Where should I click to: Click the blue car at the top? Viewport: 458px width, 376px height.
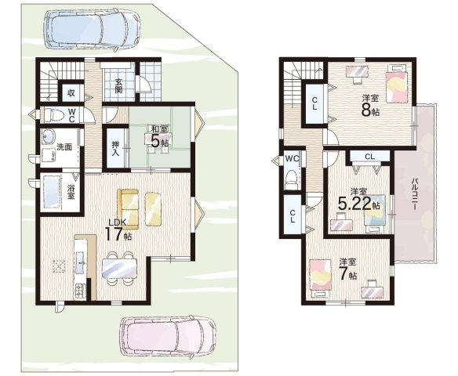coord(91,29)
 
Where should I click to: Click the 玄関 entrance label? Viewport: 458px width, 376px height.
coord(118,85)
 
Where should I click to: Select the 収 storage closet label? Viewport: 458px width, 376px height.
coord(71,92)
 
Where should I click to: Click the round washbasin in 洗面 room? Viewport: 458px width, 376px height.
coord(49,136)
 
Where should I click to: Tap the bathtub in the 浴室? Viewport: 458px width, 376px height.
coord(52,192)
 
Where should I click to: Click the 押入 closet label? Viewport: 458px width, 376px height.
coord(114,148)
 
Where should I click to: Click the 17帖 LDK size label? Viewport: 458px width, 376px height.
coord(118,234)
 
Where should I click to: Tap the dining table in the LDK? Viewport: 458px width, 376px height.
coord(119,268)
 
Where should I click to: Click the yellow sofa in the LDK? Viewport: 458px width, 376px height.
coord(128,209)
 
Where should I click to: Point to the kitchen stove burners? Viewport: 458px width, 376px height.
coord(80,291)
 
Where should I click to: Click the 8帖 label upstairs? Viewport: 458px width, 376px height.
coord(371,110)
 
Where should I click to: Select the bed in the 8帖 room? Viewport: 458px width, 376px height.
coord(398,84)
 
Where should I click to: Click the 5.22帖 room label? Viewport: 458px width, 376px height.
coord(358,204)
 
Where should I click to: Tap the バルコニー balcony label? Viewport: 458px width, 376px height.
coord(414,194)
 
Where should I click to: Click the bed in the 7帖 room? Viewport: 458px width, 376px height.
coord(321,277)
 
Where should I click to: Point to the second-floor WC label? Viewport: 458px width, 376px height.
coord(292,158)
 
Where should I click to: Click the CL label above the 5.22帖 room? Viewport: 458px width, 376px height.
coord(369,157)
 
